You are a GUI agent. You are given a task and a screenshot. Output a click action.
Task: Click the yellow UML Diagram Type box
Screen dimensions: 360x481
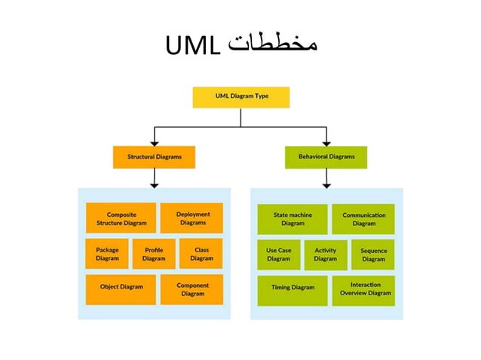pyautogui.click(x=240, y=97)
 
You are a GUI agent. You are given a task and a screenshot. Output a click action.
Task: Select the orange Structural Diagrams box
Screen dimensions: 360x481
pyautogui.click(x=154, y=157)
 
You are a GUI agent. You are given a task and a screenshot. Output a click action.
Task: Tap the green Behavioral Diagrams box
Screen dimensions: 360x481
pyautogui.click(x=326, y=157)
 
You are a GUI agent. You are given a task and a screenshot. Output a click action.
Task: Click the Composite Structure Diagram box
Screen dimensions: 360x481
pyautogui.click(x=121, y=218)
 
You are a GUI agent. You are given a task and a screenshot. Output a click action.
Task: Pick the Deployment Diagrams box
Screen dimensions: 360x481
pyautogui.click(x=192, y=218)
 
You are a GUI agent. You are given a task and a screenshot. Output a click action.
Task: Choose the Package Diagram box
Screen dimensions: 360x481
pyautogui.click(x=106, y=254)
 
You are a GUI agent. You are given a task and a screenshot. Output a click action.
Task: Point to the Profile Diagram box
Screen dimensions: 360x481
pyautogui.click(x=154, y=254)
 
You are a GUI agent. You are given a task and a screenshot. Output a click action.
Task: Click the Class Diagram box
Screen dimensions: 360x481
pyautogui.click(x=201, y=254)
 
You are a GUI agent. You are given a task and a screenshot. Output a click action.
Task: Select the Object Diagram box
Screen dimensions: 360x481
pyautogui.click(x=121, y=289)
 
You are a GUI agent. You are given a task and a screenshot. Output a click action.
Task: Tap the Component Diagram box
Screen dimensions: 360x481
pyautogui.click(x=192, y=289)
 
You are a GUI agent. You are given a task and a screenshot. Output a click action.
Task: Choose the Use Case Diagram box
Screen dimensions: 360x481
pyautogui.click(x=278, y=255)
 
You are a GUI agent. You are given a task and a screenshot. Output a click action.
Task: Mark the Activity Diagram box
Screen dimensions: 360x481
pyautogui.click(x=326, y=255)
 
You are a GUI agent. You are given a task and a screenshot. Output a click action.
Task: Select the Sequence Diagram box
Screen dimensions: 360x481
pyautogui.click(x=372, y=255)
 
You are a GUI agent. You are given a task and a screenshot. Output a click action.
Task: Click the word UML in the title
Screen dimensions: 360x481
pyautogui.click(x=193, y=47)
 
